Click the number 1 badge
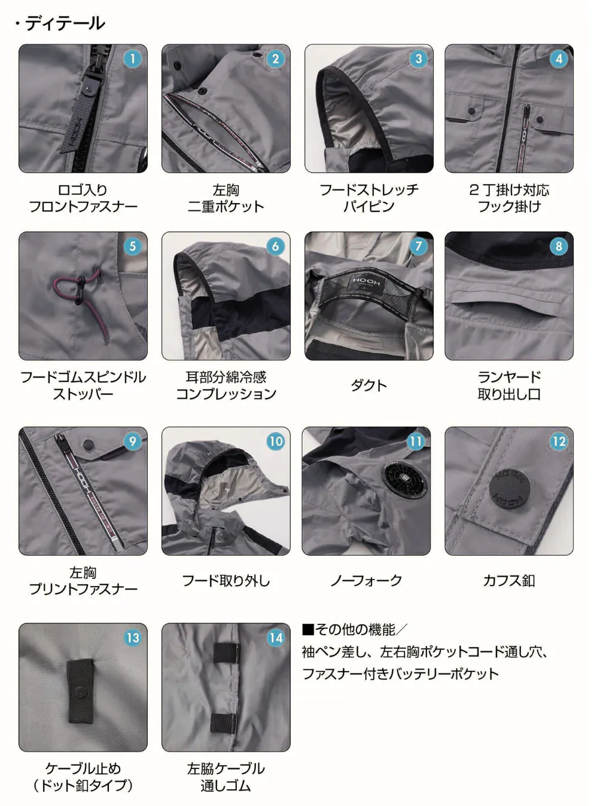point(132,59)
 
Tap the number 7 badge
point(418,246)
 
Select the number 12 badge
point(559,442)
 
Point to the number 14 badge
point(275,638)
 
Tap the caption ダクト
point(368,385)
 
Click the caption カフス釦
point(509,581)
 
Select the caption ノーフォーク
point(366,581)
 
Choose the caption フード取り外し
point(226,581)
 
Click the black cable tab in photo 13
point(80,691)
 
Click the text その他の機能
point(355,630)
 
